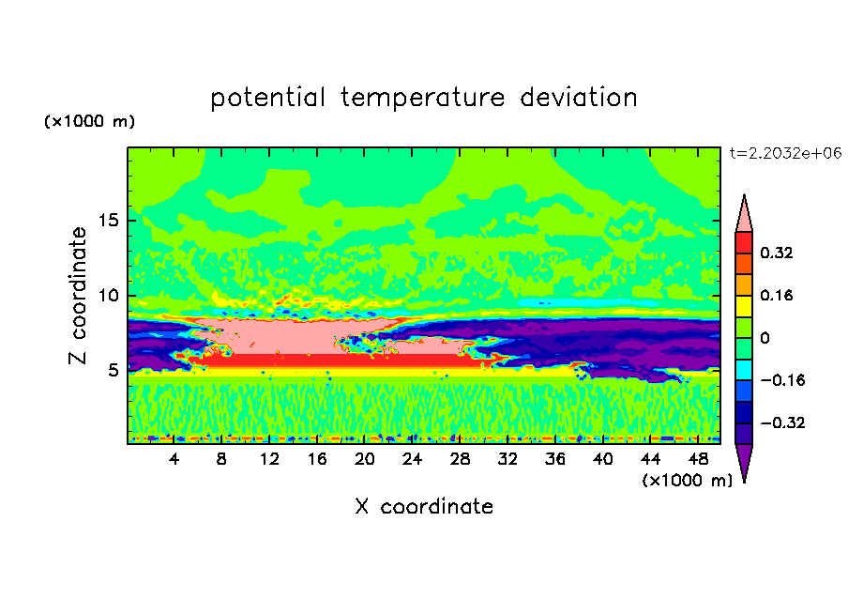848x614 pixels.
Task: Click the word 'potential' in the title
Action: pos(267,98)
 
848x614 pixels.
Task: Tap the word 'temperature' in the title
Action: pos(422,98)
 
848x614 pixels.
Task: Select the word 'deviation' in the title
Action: pos(579,97)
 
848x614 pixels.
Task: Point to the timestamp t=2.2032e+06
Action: pos(785,153)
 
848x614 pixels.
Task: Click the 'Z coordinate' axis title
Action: pos(78,295)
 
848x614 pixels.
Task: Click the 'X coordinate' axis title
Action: pos(424,506)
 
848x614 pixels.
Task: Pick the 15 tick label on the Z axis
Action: pos(108,221)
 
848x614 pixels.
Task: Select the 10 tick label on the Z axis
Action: pos(108,296)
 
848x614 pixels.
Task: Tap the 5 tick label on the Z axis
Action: pos(113,370)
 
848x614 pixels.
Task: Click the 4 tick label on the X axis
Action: pos(174,459)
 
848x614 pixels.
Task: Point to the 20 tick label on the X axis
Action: pos(365,459)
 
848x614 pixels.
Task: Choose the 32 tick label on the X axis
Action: pos(507,459)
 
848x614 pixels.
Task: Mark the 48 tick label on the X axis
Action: pos(698,459)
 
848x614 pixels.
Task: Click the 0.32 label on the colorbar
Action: pos(776,253)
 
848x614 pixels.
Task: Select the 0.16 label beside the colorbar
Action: pos(776,295)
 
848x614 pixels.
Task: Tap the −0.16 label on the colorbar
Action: pos(782,380)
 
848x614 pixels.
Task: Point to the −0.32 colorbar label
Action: pos(782,422)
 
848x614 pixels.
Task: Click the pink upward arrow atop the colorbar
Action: pos(744,217)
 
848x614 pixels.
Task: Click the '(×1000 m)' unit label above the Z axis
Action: pos(89,121)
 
